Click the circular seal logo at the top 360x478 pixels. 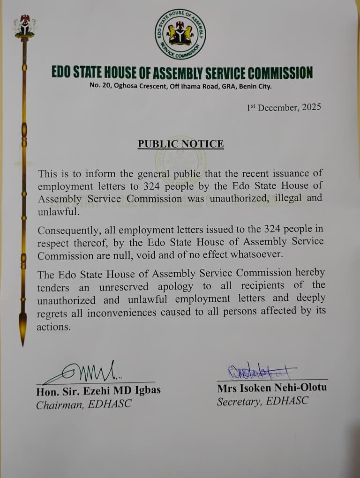click(x=180, y=34)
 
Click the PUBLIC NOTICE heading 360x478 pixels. click(x=180, y=144)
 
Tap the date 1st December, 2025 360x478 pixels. click(x=284, y=107)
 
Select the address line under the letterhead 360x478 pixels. click(x=180, y=86)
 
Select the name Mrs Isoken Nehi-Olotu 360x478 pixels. click(x=272, y=388)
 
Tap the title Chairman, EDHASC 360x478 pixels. click(x=84, y=404)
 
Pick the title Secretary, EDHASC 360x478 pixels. click(x=262, y=402)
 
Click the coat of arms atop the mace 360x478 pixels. click(x=24, y=26)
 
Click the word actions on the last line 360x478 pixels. click(x=53, y=327)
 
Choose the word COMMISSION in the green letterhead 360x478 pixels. click(x=279, y=73)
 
